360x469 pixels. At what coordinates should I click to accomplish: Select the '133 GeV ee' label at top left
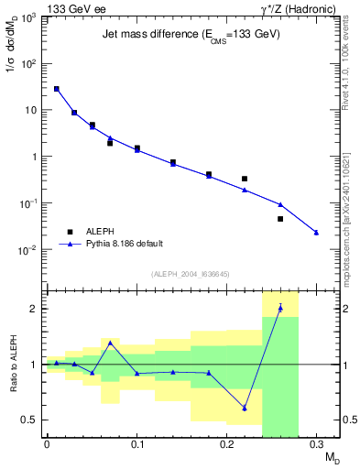pos(71,7)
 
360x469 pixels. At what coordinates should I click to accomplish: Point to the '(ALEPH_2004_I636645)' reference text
pos(191,274)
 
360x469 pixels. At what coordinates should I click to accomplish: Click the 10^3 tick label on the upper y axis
pos(30,18)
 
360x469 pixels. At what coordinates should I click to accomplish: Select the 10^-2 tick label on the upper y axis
pos(30,250)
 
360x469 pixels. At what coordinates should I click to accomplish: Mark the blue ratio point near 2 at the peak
pos(280,308)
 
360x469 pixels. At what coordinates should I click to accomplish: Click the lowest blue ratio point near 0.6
pos(245,408)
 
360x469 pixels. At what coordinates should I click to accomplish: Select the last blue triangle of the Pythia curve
pos(316,233)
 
